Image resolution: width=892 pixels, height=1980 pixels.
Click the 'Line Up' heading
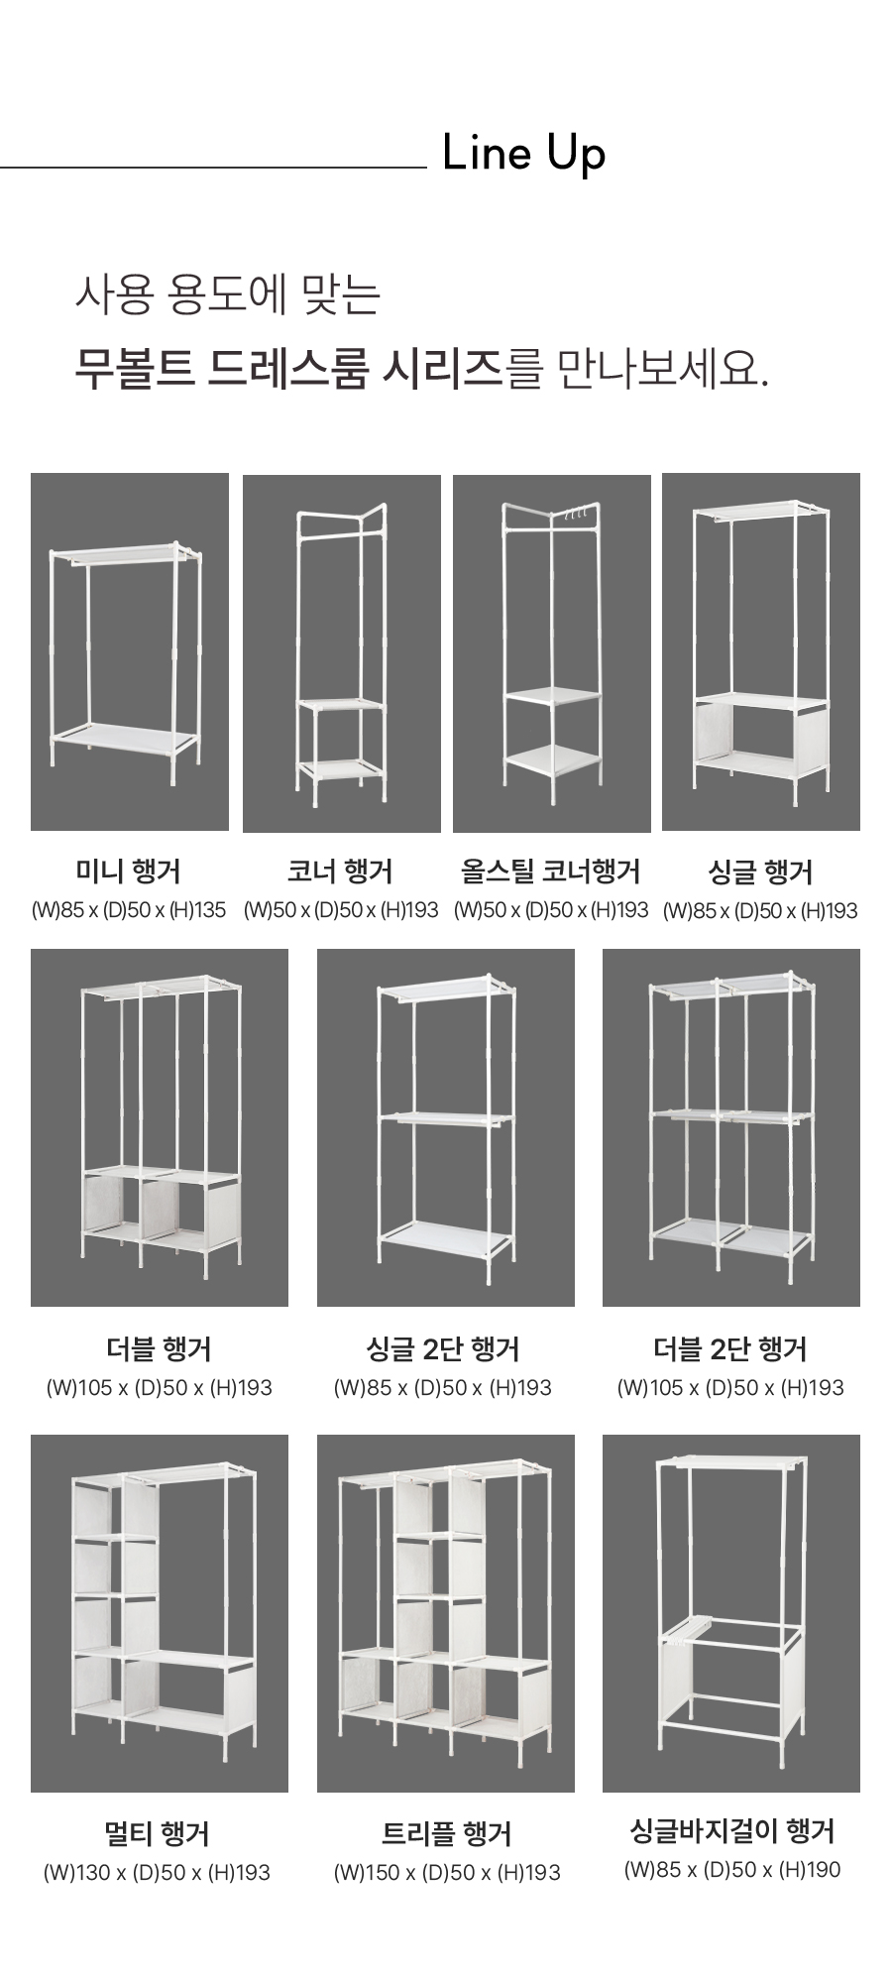[523, 155]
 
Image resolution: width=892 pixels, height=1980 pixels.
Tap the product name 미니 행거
[129, 872]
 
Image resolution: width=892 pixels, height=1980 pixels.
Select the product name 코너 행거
[340, 872]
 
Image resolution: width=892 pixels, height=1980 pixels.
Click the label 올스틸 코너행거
[551, 872]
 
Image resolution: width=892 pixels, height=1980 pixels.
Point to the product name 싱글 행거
[760, 873]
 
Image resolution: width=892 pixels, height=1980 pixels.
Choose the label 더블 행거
[159, 1349]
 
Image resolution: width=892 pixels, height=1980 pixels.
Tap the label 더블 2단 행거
[730, 1349]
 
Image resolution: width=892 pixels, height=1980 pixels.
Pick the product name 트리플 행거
[446, 1834]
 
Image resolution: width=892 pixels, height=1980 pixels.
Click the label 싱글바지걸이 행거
[732, 1830]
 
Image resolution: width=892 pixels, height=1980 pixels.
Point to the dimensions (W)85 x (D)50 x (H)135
[129, 910]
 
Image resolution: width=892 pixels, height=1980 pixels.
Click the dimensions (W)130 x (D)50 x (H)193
[157, 1873]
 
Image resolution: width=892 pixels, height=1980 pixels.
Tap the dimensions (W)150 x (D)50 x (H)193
[447, 1873]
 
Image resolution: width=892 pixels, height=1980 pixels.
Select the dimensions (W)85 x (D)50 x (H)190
[732, 1870]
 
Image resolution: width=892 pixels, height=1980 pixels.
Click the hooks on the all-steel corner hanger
[577, 515]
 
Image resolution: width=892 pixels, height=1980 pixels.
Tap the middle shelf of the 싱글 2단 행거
[446, 1119]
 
